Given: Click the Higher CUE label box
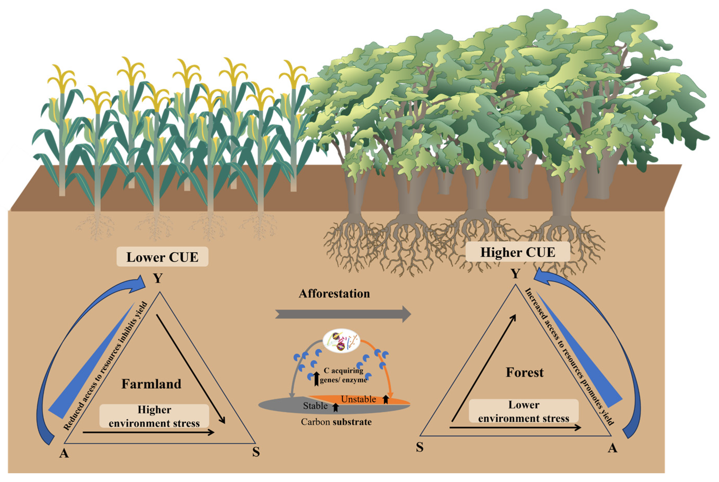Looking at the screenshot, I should tap(518, 252).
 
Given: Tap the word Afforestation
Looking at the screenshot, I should tap(334, 293).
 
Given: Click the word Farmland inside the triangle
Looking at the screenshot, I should tap(151, 384).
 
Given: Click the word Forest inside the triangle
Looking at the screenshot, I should tap(525, 372).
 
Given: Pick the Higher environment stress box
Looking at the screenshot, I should tap(154, 416).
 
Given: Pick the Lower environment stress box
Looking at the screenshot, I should tap(524, 411).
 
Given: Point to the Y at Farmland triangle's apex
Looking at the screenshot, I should tap(158, 278).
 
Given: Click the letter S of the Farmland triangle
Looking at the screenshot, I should tap(256, 452).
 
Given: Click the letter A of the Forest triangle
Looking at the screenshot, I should tap(612, 448).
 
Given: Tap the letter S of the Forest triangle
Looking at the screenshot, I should tap(420, 447).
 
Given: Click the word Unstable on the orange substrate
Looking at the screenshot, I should tap(358, 399).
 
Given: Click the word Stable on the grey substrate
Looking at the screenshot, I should tap(315, 406).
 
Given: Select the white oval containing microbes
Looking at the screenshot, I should tap(341, 341).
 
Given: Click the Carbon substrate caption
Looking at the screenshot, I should tap(336, 422).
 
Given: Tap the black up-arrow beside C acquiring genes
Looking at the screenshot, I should tap(316, 378).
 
